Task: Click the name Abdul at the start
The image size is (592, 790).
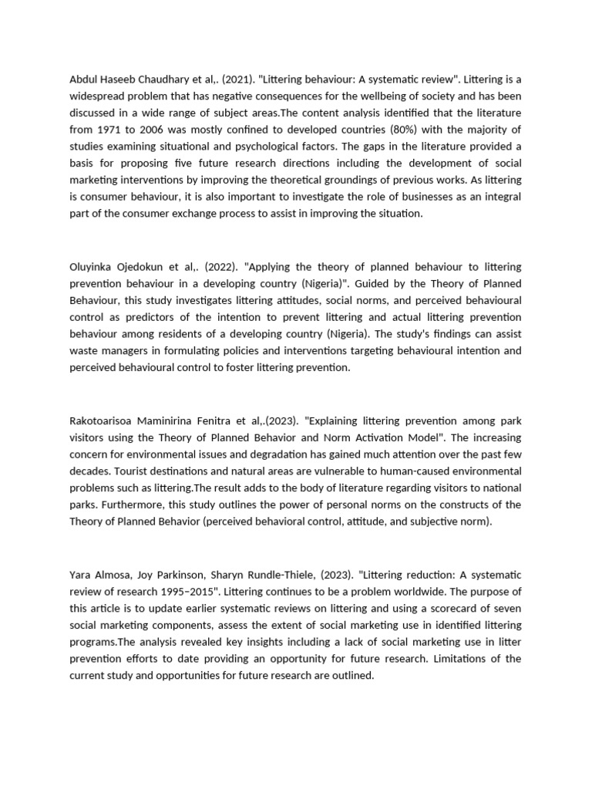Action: coord(86,79)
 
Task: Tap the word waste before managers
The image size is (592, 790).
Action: coord(84,350)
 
